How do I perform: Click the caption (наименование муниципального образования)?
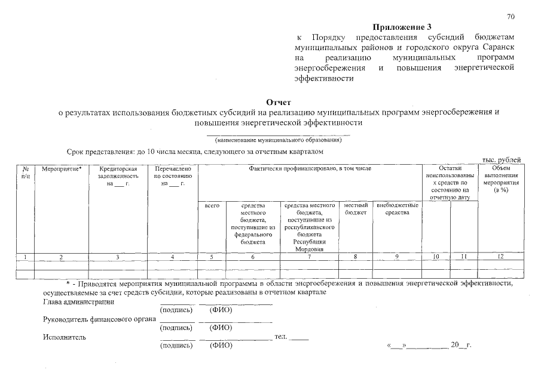coord(278,140)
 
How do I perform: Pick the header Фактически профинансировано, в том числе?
coord(310,169)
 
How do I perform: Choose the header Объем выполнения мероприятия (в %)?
coord(501,180)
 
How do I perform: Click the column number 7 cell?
coord(308,257)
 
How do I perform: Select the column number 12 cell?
coord(501,257)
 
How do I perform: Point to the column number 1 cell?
coord(25,257)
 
